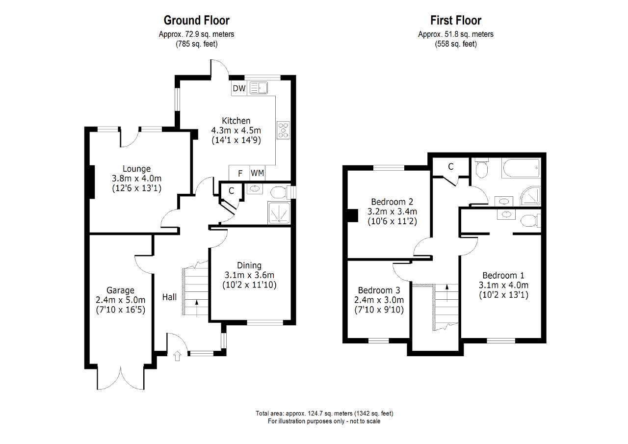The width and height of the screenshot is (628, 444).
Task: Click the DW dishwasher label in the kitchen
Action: [x=239, y=88]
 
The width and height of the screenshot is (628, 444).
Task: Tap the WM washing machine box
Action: [x=257, y=173]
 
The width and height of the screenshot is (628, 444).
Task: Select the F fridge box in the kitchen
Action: [x=240, y=173]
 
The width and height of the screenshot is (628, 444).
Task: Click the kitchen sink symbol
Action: [x=258, y=88]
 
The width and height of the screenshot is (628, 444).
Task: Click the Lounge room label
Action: [x=136, y=169]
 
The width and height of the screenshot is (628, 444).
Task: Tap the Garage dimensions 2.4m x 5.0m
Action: [x=121, y=300]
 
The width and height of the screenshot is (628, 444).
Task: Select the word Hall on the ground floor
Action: [x=170, y=297]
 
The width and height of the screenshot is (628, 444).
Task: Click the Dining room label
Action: [x=249, y=265]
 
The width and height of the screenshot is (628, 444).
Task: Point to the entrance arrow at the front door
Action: [x=177, y=356]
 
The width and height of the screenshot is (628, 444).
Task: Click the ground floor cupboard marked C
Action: [x=231, y=190]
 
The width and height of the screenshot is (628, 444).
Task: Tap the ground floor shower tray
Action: [x=278, y=213]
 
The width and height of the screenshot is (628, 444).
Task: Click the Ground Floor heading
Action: [x=196, y=20]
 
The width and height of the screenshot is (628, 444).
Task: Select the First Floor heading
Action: [x=456, y=20]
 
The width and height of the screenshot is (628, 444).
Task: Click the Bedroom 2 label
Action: [x=392, y=202]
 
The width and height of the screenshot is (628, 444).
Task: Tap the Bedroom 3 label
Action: [x=379, y=290]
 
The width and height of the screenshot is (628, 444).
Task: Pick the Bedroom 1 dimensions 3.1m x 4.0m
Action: [x=503, y=285]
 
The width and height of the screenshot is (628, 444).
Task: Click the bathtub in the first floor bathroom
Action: [x=520, y=168]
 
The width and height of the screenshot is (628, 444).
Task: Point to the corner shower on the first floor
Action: [x=531, y=196]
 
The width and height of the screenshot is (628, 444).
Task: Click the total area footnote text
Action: [x=324, y=413]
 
